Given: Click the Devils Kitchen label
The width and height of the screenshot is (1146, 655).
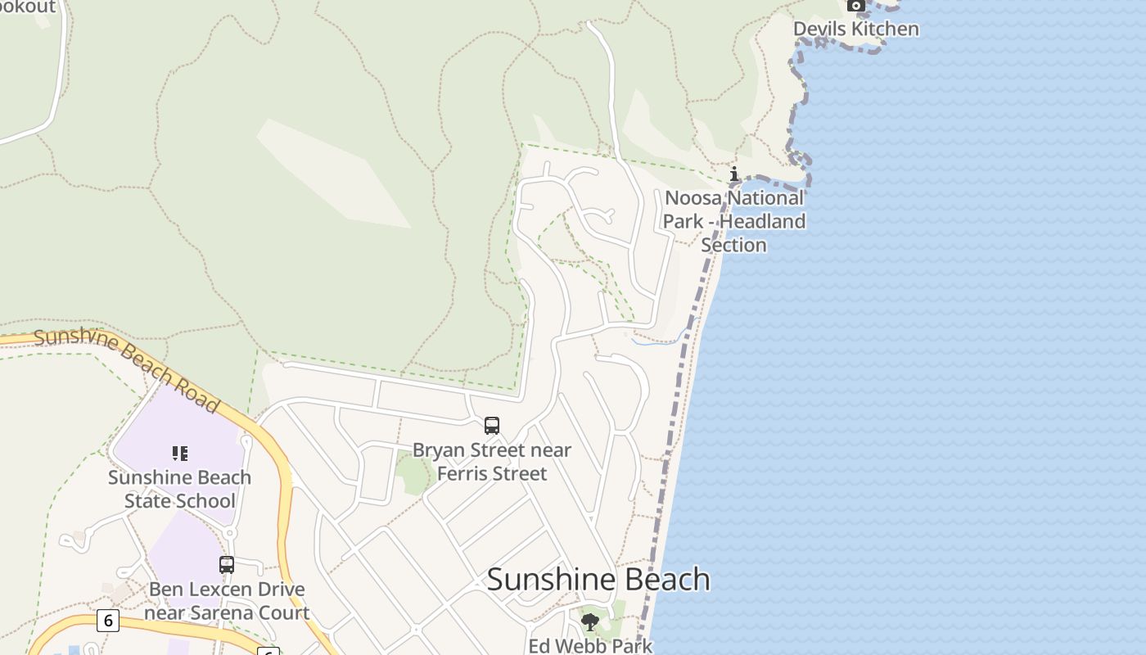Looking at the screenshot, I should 855,29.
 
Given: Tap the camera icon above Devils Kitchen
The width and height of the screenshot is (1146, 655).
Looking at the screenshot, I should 855,6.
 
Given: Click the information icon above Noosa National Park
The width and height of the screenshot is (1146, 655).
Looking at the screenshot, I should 734,174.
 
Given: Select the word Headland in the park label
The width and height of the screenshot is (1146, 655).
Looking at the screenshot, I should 763,221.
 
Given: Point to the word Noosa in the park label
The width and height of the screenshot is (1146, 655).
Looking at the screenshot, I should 694,198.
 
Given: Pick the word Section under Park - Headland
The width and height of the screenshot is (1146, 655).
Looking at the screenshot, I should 733,245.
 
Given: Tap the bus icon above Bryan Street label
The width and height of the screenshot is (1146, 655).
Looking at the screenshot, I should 491,426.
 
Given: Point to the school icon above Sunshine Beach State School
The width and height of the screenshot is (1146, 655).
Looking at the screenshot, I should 179,454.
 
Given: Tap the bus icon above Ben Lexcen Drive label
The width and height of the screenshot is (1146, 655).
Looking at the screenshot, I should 227,564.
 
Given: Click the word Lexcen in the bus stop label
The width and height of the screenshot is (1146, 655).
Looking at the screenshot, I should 213,589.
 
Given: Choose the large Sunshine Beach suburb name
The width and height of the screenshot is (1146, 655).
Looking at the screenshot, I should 598,580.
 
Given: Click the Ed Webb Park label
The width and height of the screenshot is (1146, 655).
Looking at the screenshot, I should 590,646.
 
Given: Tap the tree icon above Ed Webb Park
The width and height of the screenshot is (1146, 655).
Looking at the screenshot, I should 589,622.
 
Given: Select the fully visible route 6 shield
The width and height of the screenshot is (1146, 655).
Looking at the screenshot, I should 107,620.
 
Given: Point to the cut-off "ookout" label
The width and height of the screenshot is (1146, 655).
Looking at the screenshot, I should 28,7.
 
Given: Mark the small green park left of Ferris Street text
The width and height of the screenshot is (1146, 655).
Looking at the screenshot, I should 413,476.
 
